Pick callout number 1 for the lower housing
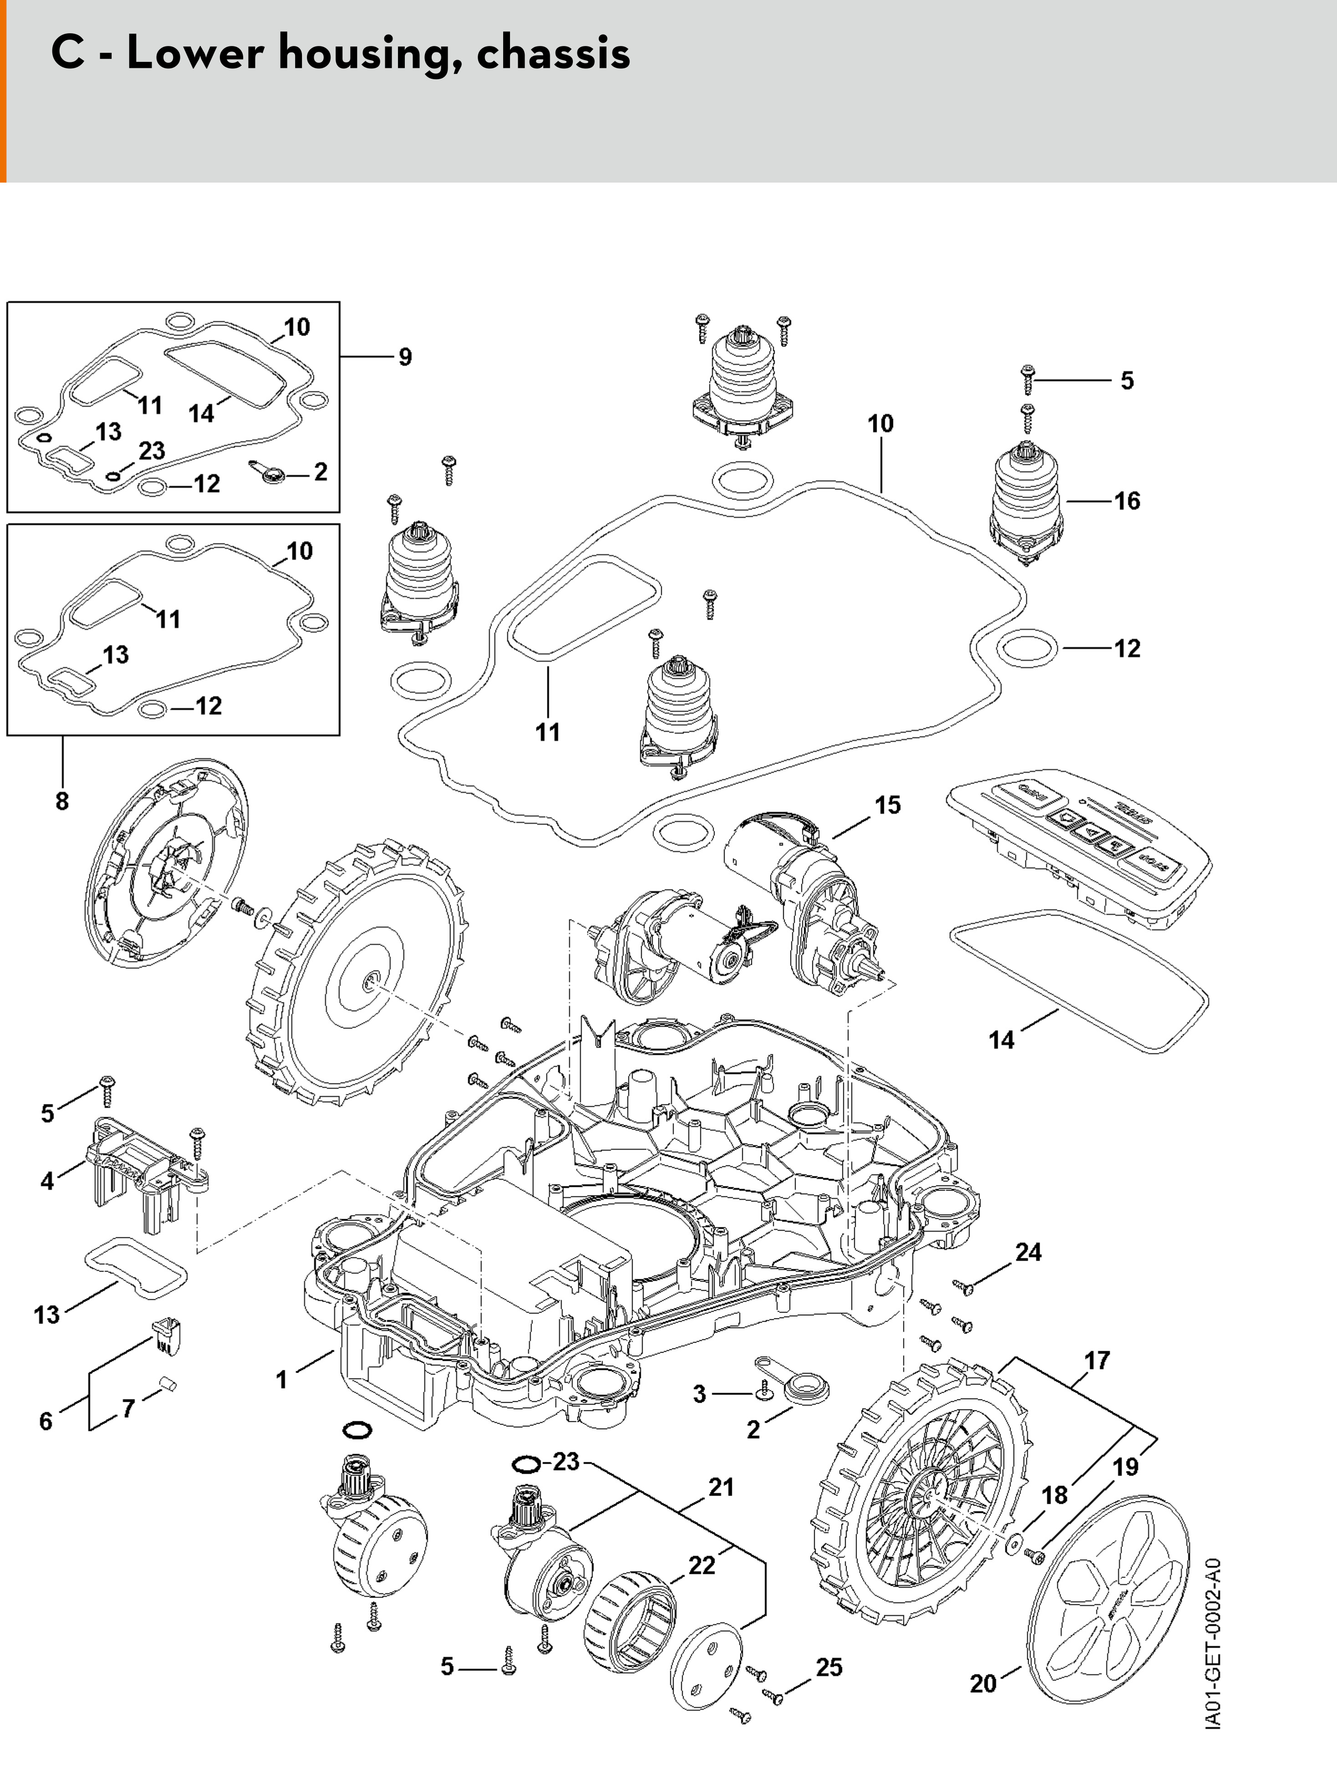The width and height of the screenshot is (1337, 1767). [x=281, y=1379]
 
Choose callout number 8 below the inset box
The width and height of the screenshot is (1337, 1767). [x=62, y=801]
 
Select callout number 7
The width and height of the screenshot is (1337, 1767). [x=128, y=1408]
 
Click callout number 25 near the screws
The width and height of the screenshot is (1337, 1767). [x=829, y=1667]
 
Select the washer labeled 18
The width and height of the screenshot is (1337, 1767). [x=1015, y=1544]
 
